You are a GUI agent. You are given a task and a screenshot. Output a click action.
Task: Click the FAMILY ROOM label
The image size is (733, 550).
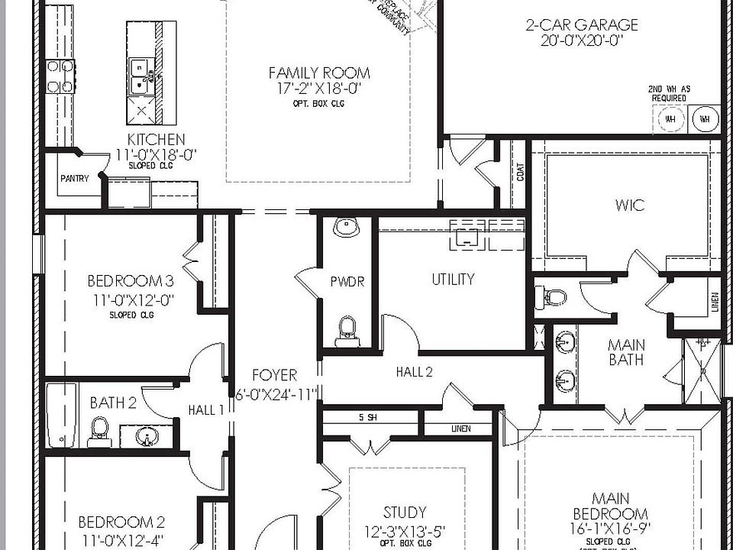[319, 73]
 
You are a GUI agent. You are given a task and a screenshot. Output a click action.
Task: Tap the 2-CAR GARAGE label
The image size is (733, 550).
[581, 25]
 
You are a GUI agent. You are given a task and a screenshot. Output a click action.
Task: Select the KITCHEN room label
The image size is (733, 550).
[156, 139]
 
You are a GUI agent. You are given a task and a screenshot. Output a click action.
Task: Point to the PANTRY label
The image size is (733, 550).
[75, 179]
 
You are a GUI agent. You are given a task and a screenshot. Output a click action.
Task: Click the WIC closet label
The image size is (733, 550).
[629, 205]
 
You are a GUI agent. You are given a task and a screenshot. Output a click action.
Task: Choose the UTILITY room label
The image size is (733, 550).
[453, 280]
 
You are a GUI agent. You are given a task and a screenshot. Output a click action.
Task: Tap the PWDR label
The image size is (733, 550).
[347, 282]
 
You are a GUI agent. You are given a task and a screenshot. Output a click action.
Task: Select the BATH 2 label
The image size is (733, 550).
[112, 403]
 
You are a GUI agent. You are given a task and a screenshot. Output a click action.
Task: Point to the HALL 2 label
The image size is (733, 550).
[414, 372]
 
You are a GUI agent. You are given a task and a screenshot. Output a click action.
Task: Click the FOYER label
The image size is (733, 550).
[275, 376]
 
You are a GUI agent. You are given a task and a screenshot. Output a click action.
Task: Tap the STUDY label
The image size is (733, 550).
[405, 513]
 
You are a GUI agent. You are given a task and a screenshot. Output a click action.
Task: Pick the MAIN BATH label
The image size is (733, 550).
[625, 352]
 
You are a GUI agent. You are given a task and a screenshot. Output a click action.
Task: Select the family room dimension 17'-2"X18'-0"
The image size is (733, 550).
[319, 89]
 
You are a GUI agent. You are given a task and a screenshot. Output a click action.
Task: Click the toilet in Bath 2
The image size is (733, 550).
[99, 432]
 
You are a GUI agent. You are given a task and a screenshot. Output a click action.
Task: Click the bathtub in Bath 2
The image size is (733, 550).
[59, 416]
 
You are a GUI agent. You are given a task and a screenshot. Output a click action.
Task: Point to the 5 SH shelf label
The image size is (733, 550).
[366, 417]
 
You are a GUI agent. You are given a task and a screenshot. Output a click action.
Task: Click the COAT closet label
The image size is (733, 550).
[521, 175]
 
